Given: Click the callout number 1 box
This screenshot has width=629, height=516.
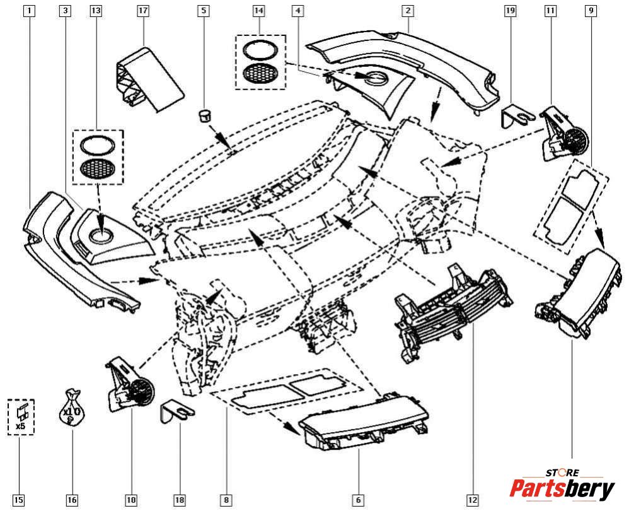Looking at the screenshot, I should (28, 11).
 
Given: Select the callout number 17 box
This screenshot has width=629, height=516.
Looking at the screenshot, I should (142, 11).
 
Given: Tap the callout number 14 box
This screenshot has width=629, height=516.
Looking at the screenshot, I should (259, 11).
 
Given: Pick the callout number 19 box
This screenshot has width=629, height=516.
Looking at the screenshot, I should (510, 11).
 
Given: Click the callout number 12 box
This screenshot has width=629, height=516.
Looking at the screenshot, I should (472, 500).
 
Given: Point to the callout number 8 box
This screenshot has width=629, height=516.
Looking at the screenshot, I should (226, 500).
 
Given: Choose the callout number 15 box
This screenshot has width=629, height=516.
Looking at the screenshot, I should (18, 500).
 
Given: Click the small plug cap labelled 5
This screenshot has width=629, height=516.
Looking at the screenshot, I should (204, 115).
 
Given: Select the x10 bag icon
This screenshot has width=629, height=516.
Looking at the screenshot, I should (72, 409).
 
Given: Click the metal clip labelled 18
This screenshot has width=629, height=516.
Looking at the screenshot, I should (178, 411).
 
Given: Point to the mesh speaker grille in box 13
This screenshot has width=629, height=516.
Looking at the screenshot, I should (98, 169).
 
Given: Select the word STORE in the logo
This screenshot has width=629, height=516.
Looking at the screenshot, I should (562, 472).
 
